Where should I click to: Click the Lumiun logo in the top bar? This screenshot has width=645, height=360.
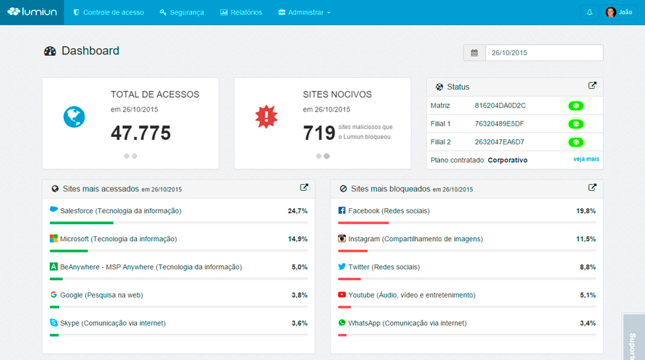[32, 12]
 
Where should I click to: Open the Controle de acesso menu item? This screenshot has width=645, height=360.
[109, 13]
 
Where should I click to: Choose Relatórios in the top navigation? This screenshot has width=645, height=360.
[241, 13]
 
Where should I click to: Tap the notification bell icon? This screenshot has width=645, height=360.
[589, 13]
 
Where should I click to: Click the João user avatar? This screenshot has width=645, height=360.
[611, 13]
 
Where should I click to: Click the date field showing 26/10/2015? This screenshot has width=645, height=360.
[544, 53]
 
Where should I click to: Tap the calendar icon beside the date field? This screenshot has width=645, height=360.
[474, 53]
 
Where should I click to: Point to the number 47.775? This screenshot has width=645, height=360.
[140, 133]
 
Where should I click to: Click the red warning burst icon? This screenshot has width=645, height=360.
[266, 117]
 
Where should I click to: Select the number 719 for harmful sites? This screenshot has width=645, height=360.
[318, 133]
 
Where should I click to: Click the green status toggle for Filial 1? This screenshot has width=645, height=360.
[576, 124]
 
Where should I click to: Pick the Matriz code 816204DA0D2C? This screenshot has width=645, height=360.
[500, 105]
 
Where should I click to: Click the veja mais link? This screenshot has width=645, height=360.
[586, 159]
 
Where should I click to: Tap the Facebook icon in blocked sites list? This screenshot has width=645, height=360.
[342, 211]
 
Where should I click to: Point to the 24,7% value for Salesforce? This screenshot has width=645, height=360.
[298, 211]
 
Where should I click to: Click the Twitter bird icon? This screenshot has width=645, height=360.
[342, 267]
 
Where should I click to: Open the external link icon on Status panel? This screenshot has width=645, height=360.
[592, 86]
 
